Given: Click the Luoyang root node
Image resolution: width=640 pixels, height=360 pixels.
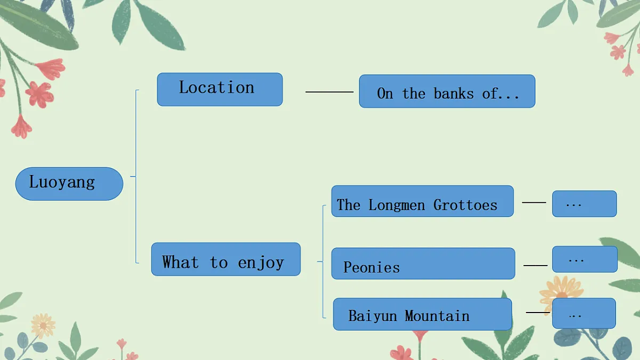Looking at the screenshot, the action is [69, 183].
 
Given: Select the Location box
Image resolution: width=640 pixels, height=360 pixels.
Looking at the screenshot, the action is [220, 90].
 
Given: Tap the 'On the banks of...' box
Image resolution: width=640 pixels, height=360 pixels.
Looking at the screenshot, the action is [447, 91].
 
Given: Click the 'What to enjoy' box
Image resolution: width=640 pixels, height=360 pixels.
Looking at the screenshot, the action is [226, 259].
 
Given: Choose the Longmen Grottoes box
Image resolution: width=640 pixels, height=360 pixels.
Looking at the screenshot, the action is [422, 201].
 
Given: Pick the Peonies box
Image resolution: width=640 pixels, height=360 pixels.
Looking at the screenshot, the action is [423, 263].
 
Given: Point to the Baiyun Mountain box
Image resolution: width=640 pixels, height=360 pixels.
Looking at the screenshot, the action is [422, 314].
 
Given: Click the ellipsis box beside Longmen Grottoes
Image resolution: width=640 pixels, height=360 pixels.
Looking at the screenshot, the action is [585, 204].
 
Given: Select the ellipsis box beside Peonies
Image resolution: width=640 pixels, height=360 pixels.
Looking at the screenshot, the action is [585, 259].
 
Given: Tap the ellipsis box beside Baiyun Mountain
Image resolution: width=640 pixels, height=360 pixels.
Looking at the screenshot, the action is [583, 313].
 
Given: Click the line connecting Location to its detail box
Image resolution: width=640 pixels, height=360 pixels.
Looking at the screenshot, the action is [330, 92].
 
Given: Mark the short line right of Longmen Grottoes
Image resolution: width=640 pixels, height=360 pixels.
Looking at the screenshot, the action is [534, 202].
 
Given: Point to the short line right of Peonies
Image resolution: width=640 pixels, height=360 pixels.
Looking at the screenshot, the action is [535, 266].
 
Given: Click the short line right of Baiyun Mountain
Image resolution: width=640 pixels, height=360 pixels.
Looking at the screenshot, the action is [538, 313].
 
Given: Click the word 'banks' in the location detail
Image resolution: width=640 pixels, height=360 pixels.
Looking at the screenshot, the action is [454, 93].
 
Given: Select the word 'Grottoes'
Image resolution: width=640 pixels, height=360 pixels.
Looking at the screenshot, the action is [466, 205].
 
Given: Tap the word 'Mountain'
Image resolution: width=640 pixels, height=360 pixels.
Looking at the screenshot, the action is [437, 316].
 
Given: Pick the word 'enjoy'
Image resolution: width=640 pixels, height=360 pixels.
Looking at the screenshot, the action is [261, 263].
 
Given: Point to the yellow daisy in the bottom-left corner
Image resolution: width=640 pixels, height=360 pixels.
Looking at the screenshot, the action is [43, 326].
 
